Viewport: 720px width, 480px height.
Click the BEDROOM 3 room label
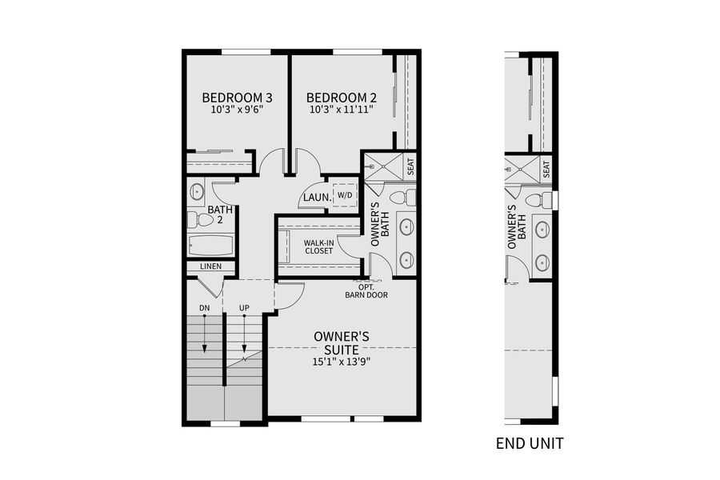click(236, 99)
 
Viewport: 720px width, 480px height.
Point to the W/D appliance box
click(345, 195)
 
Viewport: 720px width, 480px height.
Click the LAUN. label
click(314, 199)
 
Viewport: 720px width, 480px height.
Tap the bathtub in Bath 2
click(210, 244)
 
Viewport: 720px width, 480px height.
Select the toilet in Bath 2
click(198, 219)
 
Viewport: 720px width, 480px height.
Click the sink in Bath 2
click(197, 191)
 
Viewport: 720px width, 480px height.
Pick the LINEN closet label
click(210, 266)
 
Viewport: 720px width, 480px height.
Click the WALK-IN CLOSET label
click(318, 246)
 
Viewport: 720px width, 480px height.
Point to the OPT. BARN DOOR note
click(366, 290)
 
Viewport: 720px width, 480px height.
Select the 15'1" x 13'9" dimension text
click(342, 361)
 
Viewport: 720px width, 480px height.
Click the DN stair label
click(204, 308)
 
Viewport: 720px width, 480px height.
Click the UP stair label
click(244, 308)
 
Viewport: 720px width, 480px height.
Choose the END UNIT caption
click(530, 442)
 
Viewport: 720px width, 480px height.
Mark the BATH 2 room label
click(220, 215)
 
